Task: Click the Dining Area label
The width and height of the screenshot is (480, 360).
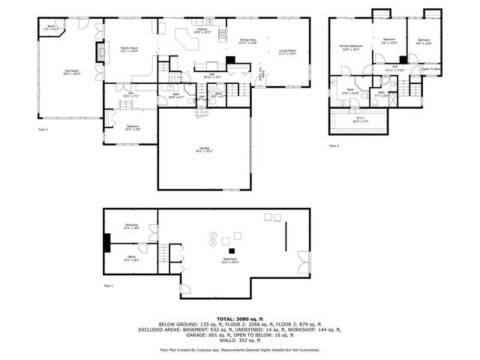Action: tap(249, 41)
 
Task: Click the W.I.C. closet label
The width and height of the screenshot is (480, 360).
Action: tap(361, 119)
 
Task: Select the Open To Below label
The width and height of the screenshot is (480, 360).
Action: tap(430, 69)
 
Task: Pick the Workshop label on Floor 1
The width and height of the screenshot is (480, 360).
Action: tap(131, 226)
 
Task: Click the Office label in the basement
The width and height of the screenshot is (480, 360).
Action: tap(131, 259)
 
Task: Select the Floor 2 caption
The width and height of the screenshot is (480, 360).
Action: tap(43, 130)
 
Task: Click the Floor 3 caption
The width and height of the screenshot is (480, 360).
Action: tap(334, 145)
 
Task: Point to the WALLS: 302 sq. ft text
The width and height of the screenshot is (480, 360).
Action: tap(239, 341)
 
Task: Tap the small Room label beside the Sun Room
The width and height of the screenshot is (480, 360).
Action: tap(52, 27)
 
